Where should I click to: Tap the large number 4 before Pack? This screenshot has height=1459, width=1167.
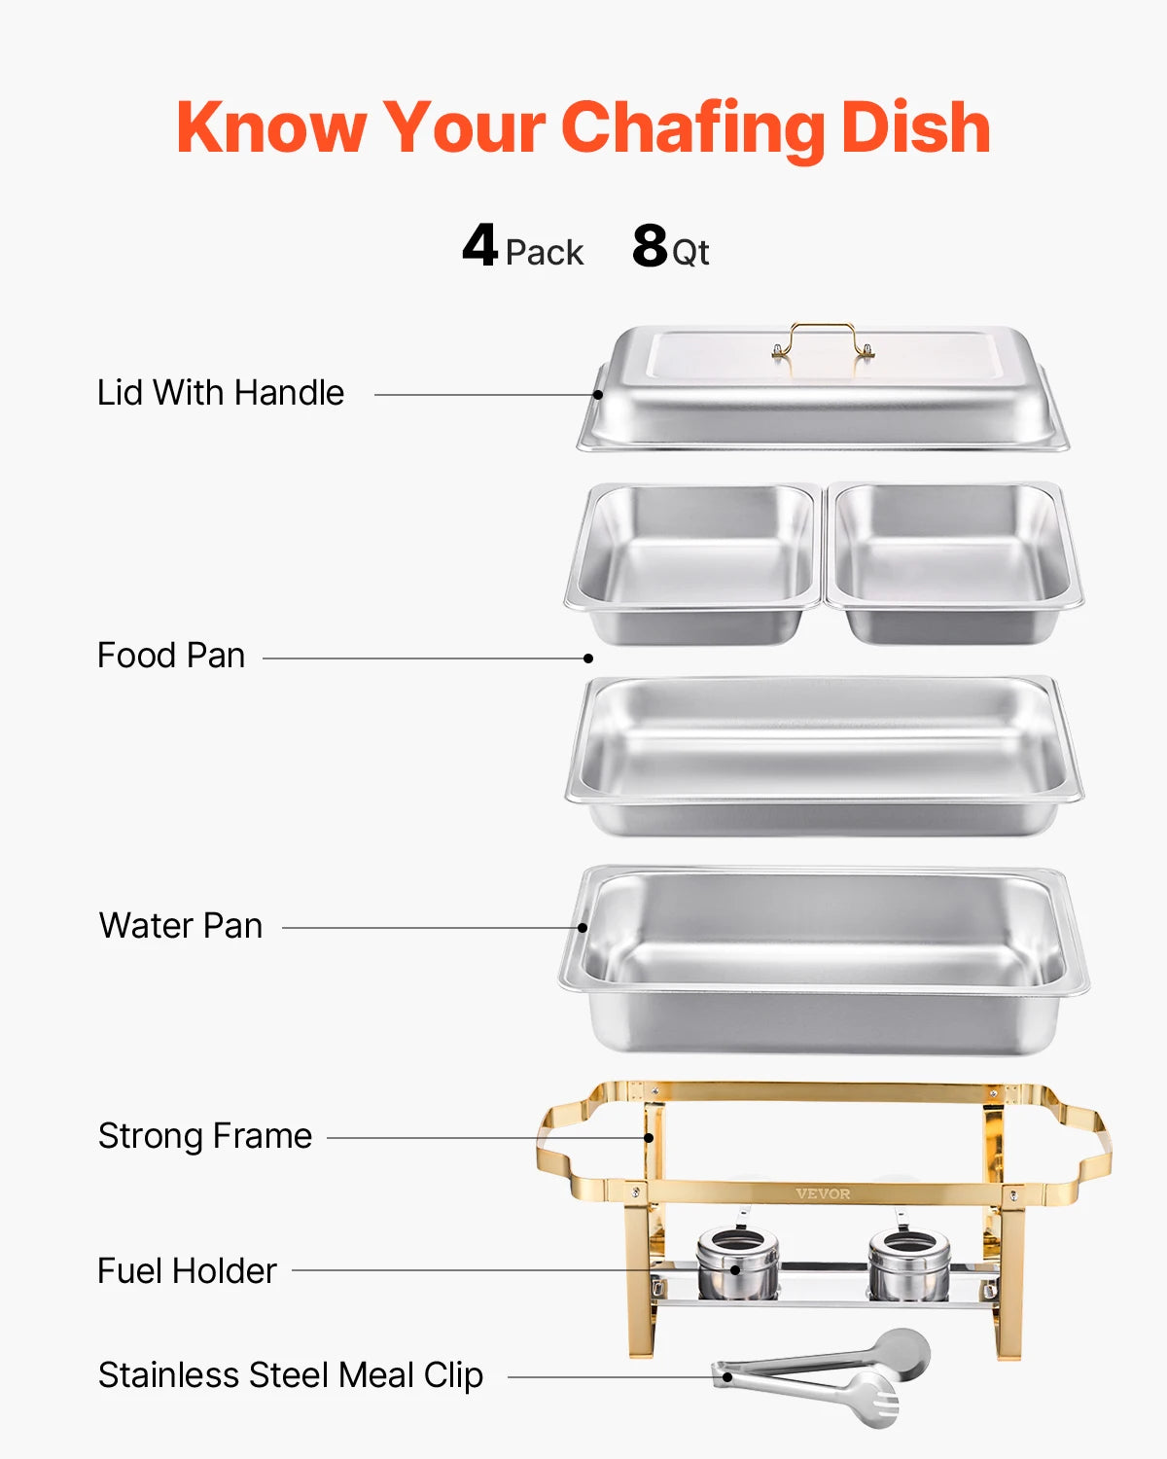(x=479, y=245)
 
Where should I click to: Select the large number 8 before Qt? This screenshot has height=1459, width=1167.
(x=650, y=245)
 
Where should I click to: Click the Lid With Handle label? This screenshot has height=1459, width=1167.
(x=221, y=393)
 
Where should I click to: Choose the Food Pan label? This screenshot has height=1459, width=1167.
(x=171, y=656)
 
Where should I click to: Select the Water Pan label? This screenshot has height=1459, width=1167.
(x=181, y=926)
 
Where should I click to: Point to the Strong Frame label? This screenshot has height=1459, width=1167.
(x=205, y=1136)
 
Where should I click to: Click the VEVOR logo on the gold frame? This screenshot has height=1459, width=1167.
(x=823, y=1193)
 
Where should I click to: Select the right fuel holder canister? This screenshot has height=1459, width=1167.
(x=908, y=1263)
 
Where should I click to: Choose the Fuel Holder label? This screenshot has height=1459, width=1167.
(x=187, y=1271)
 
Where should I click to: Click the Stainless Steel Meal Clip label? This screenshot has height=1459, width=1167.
(x=291, y=1375)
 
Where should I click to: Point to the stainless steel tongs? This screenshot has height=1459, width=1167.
(x=822, y=1375)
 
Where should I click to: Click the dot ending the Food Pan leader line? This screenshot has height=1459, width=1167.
(x=588, y=658)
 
